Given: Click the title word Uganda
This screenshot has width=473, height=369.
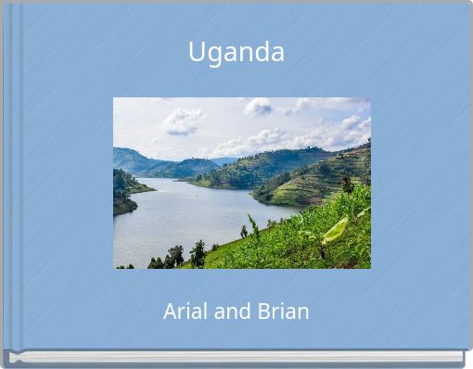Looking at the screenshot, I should coord(236,53).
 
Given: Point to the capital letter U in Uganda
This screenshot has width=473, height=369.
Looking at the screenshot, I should coord(197,53).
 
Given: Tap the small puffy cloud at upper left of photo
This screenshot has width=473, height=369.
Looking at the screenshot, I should coord(182,121).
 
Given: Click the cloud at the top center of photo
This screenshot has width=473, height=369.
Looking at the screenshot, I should coord(258,107).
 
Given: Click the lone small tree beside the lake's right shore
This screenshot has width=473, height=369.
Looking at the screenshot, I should coord(244,231).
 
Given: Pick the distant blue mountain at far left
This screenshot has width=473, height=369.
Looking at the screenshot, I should coord(130,159).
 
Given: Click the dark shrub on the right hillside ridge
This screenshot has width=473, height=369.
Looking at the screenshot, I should coord(347,184).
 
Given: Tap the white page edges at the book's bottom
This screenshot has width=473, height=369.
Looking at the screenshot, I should coord(236,356).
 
